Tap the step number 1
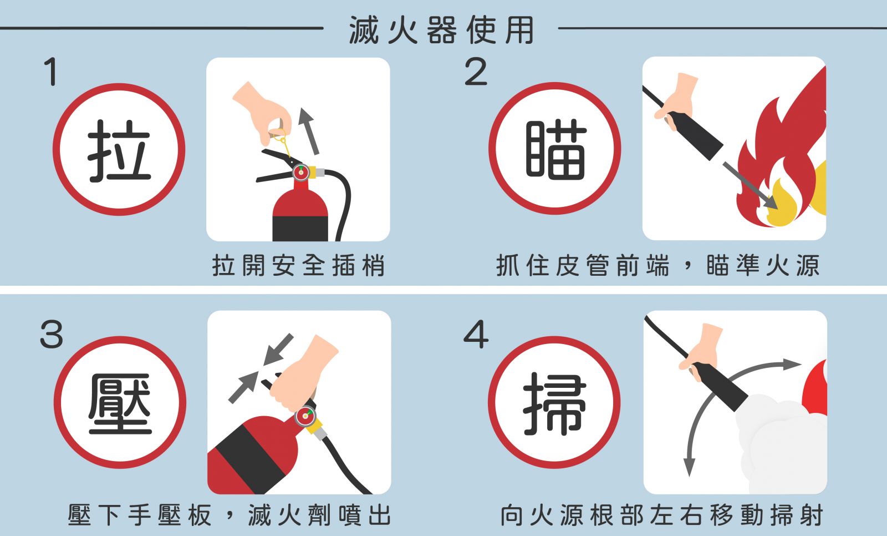tap(51, 72)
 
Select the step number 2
tap(476, 72)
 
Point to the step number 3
tap(52, 335)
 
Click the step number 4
tap(476, 335)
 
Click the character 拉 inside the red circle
tap(119, 150)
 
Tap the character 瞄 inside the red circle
tap(555, 149)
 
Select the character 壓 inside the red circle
tap(120, 403)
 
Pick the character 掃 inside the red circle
tap(554, 403)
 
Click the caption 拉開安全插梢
tap(298, 266)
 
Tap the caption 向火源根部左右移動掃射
tap(661, 515)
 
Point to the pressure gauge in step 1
tap(301, 173)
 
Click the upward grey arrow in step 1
tap(309, 130)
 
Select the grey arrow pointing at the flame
tap(750, 185)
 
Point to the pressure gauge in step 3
tap(304, 416)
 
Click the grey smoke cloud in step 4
tap(776, 444)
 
